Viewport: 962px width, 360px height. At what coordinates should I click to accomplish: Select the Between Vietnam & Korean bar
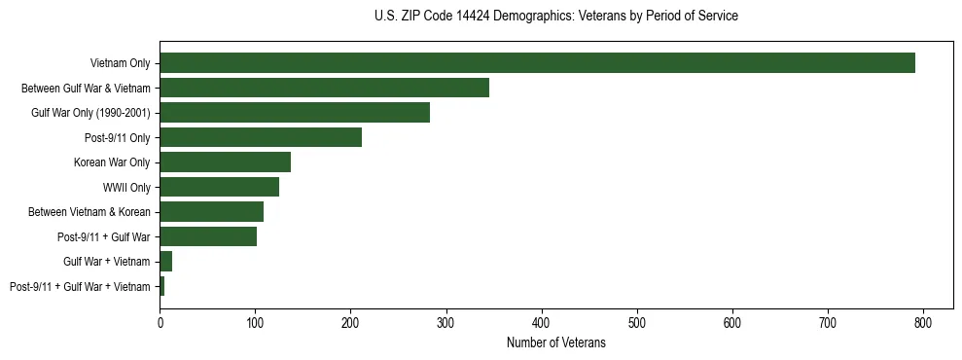[211, 212]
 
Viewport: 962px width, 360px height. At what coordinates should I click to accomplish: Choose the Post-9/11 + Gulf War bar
[208, 236]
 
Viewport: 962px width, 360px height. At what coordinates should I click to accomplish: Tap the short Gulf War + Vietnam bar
[165, 262]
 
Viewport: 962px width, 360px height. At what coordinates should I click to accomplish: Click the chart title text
[555, 16]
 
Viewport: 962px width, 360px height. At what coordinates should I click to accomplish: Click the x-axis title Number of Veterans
[555, 342]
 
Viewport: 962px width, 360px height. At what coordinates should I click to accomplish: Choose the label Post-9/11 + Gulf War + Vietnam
[80, 287]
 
